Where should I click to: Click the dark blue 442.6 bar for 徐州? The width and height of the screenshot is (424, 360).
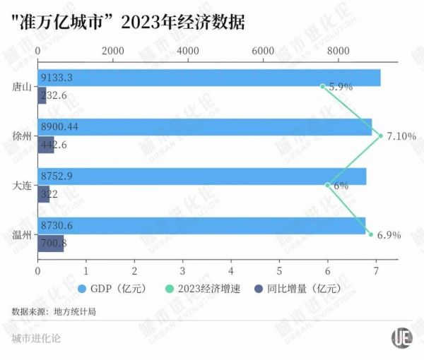46,145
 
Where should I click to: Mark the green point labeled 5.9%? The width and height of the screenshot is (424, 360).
322,86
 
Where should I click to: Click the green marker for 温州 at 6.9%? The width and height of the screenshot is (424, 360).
370,234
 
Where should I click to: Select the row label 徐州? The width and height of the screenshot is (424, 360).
22,137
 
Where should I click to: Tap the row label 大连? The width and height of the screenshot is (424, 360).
22,186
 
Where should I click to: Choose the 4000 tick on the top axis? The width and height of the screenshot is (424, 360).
188,51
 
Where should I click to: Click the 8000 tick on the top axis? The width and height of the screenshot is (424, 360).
338,51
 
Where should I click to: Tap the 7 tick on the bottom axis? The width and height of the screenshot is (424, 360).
376,271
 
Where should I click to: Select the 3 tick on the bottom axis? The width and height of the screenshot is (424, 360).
182,271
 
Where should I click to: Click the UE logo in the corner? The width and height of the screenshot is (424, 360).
402,337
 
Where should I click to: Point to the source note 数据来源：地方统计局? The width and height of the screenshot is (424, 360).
54,311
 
